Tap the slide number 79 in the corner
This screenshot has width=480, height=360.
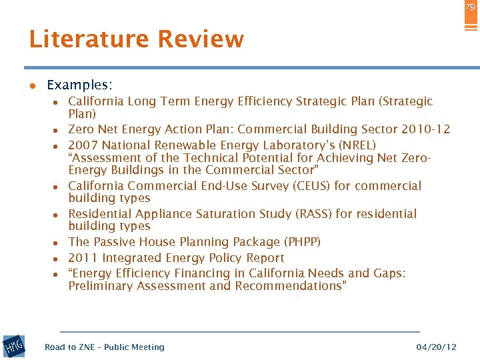point(471,7)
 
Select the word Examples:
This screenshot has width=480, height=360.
point(79,85)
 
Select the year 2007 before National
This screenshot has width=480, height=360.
point(83,145)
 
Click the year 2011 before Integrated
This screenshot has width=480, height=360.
point(81,258)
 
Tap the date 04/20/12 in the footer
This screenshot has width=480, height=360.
point(437,347)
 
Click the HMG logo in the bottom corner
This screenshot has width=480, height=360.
point(14,346)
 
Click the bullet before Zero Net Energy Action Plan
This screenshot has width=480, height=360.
point(59,131)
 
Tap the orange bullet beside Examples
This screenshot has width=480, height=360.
point(31,86)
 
